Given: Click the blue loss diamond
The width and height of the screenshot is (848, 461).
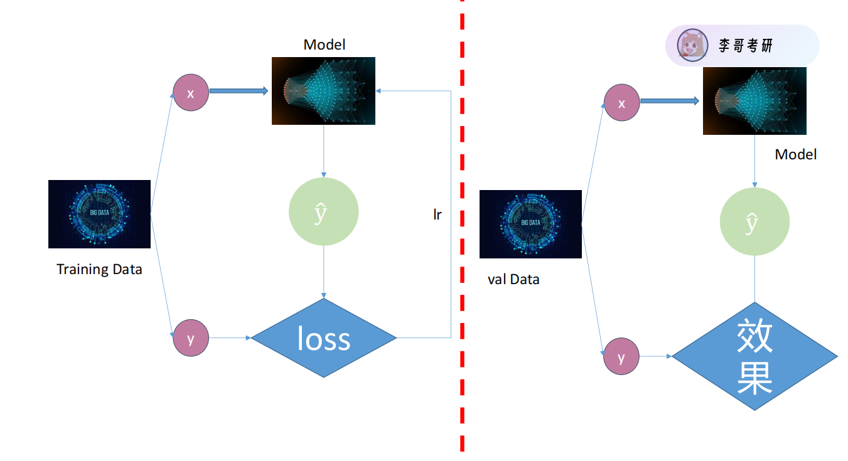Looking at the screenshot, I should tap(323, 338).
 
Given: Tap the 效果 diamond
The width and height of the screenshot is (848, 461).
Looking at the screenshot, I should tap(754, 356).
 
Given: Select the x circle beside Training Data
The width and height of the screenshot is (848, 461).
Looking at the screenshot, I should tap(191, 93).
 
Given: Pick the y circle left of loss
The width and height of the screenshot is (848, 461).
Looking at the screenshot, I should tap(191, 338).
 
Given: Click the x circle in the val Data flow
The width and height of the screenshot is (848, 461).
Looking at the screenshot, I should tap(621, 102).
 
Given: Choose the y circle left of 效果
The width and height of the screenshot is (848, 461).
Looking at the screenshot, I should tap(621, 357).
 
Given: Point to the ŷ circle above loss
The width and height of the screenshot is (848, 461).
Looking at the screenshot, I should tap(323, 212).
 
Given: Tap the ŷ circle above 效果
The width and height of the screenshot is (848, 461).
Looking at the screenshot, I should tap(754, 222).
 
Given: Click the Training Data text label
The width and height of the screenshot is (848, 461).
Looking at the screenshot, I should tap(99, 270).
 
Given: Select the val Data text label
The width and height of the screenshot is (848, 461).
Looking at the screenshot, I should tap(513, 280).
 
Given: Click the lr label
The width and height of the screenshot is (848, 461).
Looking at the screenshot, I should tap(437, 215).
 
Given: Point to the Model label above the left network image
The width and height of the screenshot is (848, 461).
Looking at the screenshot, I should tap(324, 45).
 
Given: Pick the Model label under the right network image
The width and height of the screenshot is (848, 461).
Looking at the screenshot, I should tap(795, 154).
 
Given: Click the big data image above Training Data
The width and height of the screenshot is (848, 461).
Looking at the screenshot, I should tap(99, 214).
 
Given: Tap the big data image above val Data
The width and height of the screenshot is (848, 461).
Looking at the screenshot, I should tap(530, 224).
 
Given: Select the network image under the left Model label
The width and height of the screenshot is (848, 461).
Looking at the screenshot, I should tap(323, 91).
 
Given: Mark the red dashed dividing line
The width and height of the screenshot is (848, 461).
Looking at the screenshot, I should tap(462, 226).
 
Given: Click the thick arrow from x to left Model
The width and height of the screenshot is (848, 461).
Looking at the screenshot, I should tap(239, 91).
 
